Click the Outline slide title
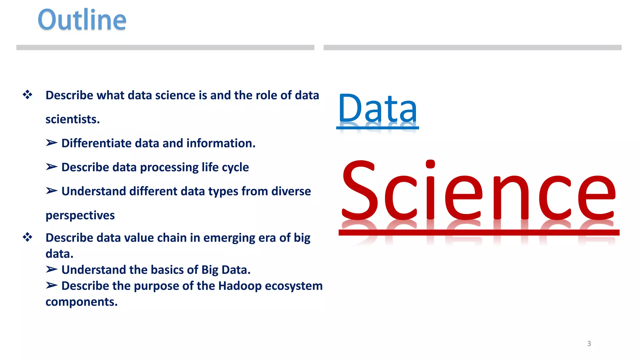click(x=82, y=20)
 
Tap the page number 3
click(x=589, y=343)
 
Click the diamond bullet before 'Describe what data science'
click(x=27, y=95)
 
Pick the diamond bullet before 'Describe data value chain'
click(x=27, y=237)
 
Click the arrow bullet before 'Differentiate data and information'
click(x=52, y=143)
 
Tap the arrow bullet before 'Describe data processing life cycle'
click(x=52, y=167)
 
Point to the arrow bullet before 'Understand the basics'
click(x=52, y=269)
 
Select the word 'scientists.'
click(x=72, y=119)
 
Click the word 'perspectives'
click(x=80, y=215)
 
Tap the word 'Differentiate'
click(x=96, y=143)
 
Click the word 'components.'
click(x=82, y=302)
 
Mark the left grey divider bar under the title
click(x=165, y=47)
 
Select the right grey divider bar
click(x=472, y=47)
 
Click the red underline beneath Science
click(x=479, y=232)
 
